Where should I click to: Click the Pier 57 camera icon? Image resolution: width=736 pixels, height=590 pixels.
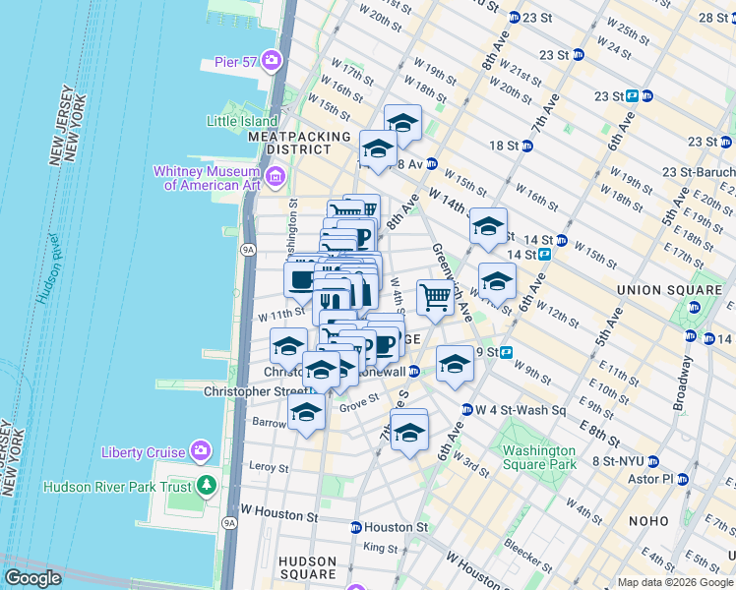point(272,62)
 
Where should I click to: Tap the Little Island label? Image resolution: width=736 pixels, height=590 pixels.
point(228,121)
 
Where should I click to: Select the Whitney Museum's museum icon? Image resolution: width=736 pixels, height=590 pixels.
point(275,178)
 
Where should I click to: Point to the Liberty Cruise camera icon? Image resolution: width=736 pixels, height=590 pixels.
point(200,451)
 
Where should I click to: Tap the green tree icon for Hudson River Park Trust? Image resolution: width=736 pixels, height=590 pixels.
point(207,486)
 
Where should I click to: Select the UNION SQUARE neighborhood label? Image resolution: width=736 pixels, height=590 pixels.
point(655,290)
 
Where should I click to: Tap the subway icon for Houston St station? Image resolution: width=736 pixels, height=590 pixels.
point(355,528)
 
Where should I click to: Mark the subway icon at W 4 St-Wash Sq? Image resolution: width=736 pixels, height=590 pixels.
point(466,410)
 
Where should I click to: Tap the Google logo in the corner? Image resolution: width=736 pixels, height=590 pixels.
point(32,578)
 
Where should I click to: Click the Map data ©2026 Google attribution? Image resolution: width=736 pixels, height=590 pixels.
point(674,582)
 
